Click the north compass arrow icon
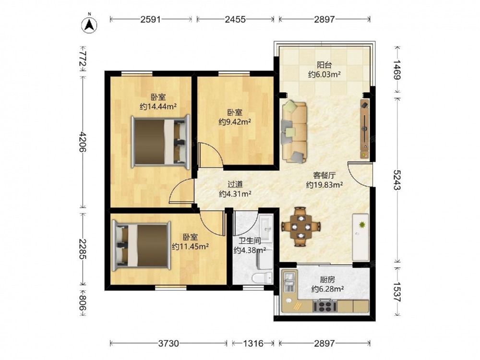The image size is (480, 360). tap(89, 24)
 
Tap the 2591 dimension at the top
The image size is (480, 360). tap(151, 19)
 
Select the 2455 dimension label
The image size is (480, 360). tap(235, 19)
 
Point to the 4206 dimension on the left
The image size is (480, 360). tap(83, 142)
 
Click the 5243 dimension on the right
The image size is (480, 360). tap(397, 180)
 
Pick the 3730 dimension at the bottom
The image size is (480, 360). tap(168, 344)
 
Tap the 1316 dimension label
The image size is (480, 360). tap(253, 344)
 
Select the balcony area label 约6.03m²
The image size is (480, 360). tap(324, 74)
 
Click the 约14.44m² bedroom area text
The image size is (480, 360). tap(158, 107)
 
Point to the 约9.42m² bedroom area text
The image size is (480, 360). tap(235, 122)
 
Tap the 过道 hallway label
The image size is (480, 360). tap(235, 184)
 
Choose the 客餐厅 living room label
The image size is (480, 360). tap(324, 175)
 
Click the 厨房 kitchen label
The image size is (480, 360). tap(327, 279)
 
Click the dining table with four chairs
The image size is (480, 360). tap(301, 227)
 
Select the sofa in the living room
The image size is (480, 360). tap(294, 132)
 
